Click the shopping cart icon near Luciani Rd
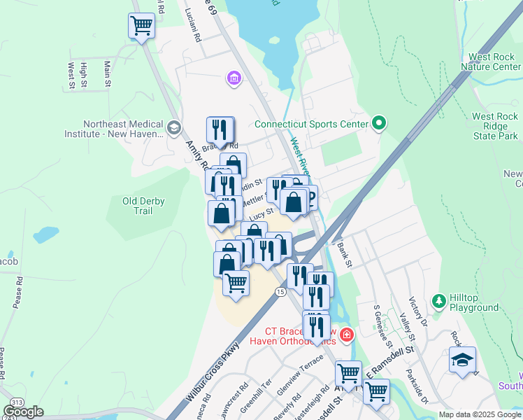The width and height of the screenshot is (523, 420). click(141, 27)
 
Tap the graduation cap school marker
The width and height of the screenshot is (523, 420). click(462, 360)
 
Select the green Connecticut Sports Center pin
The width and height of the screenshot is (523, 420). click(379, 124)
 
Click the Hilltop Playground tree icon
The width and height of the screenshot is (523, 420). click(439, 301)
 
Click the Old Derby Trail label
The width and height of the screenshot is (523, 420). click(143, 206)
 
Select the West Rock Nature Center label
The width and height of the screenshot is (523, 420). click(495, 62)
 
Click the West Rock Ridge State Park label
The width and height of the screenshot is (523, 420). click(495, 127)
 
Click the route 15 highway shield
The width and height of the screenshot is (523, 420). click(280, 291)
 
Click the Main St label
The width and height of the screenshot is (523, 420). click(107, 73)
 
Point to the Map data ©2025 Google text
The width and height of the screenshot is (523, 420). click(480, 414)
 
